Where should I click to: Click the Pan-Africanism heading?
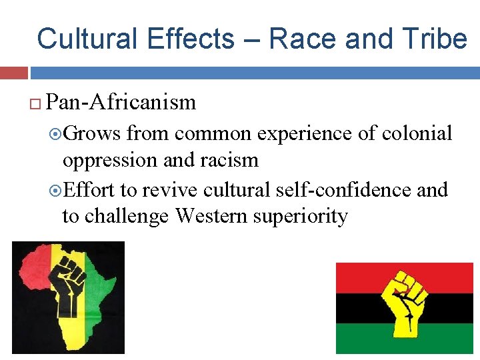(122, 102)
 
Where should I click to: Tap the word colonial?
(417, 133)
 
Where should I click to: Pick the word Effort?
(89, 189)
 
